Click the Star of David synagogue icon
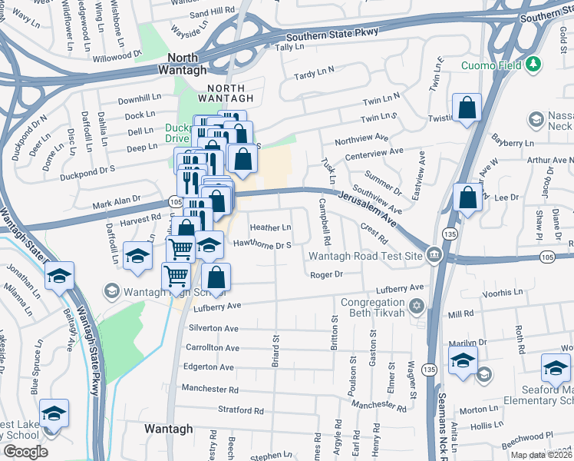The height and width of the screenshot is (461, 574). [417, 307]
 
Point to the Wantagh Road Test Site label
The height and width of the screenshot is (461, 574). [366, 256]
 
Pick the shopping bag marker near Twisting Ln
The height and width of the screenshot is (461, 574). [467, 109]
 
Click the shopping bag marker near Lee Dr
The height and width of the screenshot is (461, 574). [467, 198]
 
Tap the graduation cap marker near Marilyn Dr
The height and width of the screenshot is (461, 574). [463, 361]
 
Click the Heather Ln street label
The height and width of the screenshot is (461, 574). [271, 228]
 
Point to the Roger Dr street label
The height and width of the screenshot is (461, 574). [325, 274]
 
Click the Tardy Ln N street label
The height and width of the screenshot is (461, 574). [315, 74]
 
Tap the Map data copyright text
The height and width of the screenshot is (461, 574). [541, 455]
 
